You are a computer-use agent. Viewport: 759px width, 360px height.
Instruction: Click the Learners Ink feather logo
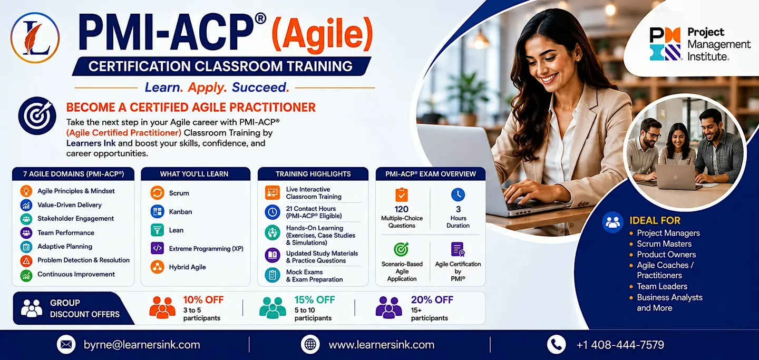coord(35,37)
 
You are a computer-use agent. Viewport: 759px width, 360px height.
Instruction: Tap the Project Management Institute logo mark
coord(665,44)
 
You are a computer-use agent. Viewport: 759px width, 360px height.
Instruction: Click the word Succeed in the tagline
coord(260,87)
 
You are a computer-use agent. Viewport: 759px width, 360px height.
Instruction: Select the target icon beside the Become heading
coord(37,115)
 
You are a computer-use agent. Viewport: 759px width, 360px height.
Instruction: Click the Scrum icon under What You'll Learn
coord(157,193)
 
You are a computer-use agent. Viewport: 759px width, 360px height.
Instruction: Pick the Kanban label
coord(180,212)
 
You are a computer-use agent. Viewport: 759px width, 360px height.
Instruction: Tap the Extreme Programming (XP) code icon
coord(157,248)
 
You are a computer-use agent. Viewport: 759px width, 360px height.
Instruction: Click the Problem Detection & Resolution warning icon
coord(26,261)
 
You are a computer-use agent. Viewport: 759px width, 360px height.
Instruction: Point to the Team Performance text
coord(66,232)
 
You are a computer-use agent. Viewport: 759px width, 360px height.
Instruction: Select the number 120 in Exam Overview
coord(402,209)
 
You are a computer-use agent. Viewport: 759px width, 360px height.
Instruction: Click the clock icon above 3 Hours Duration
coord(458,194)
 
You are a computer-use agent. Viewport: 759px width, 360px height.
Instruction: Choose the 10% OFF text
coord(203,300)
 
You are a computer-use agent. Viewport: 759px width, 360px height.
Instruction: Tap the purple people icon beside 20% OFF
coord(388,307)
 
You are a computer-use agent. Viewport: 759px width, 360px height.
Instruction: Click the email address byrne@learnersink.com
coord(142,345)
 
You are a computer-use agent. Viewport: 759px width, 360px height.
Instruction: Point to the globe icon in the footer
coord(310,344)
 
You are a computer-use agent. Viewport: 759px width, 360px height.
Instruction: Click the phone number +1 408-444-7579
coord(620,345)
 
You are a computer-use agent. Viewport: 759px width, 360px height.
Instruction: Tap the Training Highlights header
coord(313,174)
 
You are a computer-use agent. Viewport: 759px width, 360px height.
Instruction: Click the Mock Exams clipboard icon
coord(273,275)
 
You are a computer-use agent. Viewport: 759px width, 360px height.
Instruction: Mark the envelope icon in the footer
coord(66,344)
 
